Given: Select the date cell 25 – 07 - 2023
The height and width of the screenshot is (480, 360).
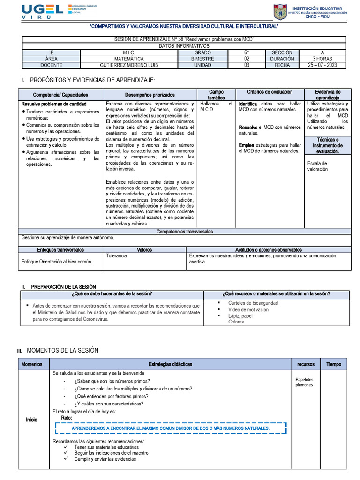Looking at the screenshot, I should point(322,65).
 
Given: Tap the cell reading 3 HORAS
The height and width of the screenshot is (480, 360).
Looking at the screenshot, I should point(322,59).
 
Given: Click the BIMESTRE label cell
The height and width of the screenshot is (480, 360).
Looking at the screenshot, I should point(202,59).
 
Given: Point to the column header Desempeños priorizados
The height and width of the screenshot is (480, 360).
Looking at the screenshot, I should point(150,95).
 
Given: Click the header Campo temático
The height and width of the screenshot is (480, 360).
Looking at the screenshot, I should point(216,95).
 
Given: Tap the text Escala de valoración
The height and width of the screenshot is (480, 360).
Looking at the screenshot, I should point(317,166).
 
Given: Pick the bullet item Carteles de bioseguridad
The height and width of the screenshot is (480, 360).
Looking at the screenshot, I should point(253,303).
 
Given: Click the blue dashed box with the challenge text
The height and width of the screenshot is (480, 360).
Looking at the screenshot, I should point(170,428).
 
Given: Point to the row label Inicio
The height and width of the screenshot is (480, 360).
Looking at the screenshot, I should point(31,420).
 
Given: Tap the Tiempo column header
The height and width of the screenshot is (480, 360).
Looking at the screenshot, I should point(334,364).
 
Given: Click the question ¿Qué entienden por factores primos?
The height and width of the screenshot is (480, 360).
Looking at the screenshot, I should point(111,396).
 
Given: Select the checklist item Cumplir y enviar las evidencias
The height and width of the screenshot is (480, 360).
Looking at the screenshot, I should point(105,459).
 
